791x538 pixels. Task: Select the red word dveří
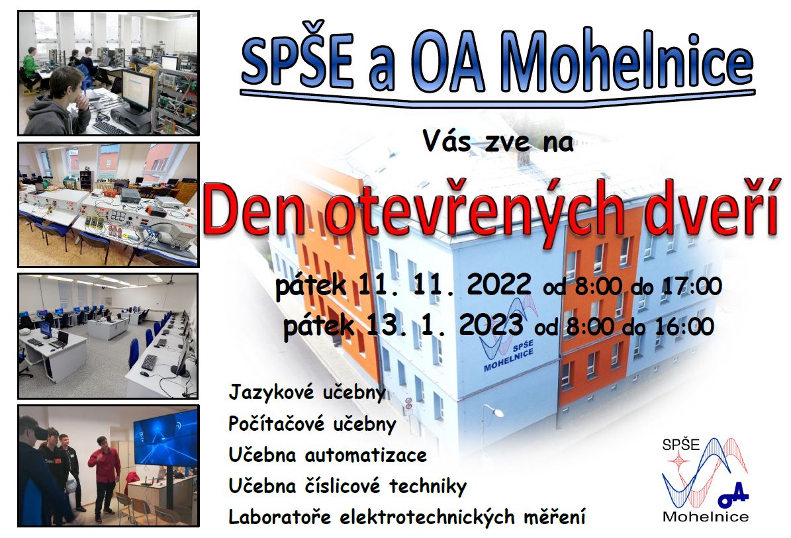(x=710, y=212)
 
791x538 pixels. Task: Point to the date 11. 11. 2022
(x=445, y=285)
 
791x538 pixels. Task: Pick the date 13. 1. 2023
(x=445, y=325)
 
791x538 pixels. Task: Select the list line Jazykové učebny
(x=307, y=392)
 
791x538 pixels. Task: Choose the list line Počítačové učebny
(x=312, y=424)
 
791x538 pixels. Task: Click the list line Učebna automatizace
(x=328, y=455)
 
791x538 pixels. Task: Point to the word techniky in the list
(x=428, y=486)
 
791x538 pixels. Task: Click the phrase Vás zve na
(x=498, y=141)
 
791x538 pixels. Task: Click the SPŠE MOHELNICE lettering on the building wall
(x=508, y=356)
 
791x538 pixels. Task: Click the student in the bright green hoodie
(x=30, y=69)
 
